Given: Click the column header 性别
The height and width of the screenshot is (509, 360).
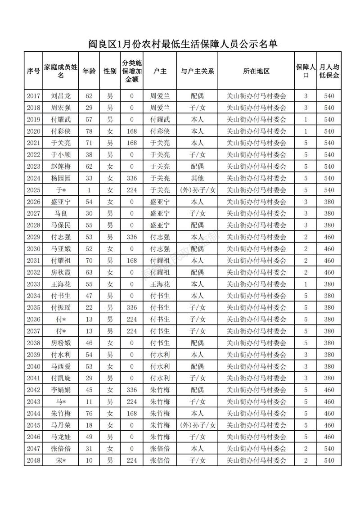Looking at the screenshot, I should [x=110, y=71].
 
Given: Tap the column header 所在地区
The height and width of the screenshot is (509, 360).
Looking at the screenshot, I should [x=256, y=71].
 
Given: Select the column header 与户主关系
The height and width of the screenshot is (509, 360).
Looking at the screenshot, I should [x=197, y=71].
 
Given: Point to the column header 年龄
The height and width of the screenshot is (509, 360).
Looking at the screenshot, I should [x=89, y=71].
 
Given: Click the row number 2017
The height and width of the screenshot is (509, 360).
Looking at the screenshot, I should [x=33, y=96].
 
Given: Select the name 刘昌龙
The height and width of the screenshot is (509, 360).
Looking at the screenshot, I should [x=61, y=96].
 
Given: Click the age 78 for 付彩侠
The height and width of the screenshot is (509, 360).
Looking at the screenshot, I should [x=89, y=131].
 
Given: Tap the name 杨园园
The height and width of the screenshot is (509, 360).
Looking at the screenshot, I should [x=61, y=178].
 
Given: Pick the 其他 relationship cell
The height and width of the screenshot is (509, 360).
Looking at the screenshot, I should [x=197, y=178].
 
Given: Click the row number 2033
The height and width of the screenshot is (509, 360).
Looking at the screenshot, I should [x=33, y=284].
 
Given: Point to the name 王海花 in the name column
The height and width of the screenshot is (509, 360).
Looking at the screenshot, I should [x=61, y=284].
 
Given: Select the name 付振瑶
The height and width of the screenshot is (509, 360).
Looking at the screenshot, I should [x=61, y=307].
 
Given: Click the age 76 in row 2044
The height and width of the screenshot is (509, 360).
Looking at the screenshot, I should [x=89, y=413].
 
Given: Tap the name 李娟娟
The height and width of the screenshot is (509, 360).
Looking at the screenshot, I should [x=61, y=390].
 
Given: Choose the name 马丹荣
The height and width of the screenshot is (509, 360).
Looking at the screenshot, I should [x=61, y=425].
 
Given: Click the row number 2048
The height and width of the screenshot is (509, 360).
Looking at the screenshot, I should [x=33, y=460].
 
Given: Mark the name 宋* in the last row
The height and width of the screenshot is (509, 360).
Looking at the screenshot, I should [x=61, y=460].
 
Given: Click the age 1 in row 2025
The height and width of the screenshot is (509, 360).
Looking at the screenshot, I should [x=89, y=190].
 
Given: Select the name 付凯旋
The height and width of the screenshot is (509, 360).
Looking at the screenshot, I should [x=61, y=378].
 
